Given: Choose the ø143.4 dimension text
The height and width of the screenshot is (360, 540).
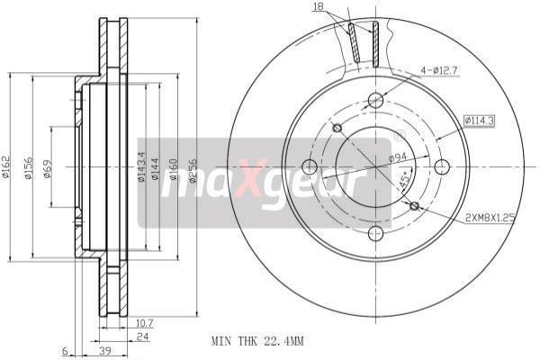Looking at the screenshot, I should (x=141, y=166).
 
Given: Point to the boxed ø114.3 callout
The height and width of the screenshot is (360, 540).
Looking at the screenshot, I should (x=479, y=121).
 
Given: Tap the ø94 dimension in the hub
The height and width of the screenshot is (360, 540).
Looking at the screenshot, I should (x=400, y=158).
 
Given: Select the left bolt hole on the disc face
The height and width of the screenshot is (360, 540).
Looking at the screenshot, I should (x=310, y=166).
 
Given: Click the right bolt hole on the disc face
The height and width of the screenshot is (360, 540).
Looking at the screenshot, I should (x=441, y=166).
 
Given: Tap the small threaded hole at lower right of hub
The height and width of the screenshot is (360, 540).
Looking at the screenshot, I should (x=414, y=206).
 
